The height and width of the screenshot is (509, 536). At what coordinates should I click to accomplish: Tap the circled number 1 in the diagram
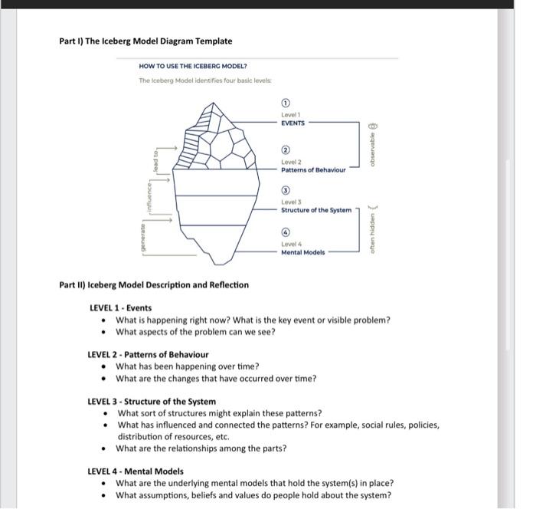click(x=286, y=103)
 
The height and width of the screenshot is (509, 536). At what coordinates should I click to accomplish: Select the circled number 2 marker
click(x=286, y=150)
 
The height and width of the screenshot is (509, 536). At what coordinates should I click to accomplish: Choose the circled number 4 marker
click(x=286, y=232)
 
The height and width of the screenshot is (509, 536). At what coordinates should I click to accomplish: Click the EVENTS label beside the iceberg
click(x=293, y=122)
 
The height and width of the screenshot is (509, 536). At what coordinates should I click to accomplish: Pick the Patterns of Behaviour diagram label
click(x=313, y=169)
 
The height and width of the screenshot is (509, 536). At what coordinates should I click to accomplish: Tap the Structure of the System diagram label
click(x=316, y=209)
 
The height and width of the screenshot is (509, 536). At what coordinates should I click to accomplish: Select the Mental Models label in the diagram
click(x=302, y=251)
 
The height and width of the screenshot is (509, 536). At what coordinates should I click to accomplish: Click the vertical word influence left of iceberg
click(x=149, y=196)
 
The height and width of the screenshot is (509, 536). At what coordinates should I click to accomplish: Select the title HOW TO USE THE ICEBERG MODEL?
click(x=193, y=67)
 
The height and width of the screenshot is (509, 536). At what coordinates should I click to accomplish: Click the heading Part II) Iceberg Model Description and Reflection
click(x=154, y=284)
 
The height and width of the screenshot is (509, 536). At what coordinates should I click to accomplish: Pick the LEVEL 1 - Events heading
click(x=120, y=307)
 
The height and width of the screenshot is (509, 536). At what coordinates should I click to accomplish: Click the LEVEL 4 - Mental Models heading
click(x=136, y=471)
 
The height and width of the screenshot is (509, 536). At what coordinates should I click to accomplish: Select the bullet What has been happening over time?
click(x=187, y=366)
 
